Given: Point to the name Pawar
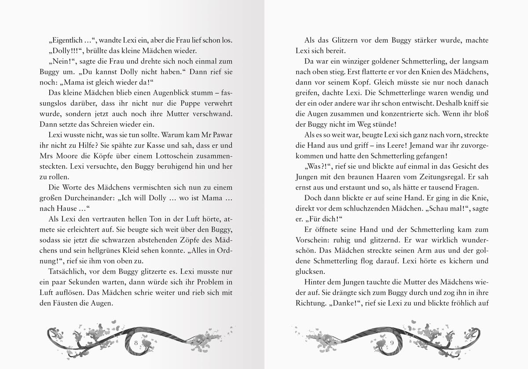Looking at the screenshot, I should (x=219, y=135).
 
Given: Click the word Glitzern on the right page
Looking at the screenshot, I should (x=349, y=40).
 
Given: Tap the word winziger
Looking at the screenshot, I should (x=355, y=61).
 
